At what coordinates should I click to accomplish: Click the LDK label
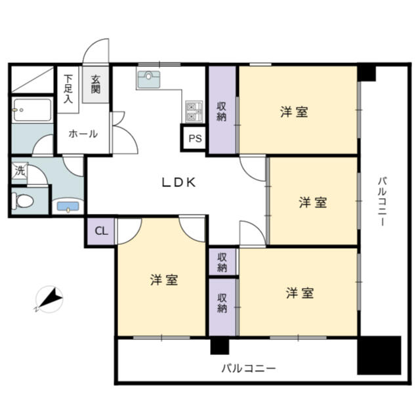[178, 182]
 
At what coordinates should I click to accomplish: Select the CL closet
[101, 231]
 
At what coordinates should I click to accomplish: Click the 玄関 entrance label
[96, 85]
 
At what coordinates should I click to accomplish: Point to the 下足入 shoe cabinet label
[68, 89]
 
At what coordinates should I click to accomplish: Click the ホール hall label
[83, 134]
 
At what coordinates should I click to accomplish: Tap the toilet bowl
[23, 201]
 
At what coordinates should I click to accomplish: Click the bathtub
[32, 110]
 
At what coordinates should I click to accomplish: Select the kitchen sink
[149, 79]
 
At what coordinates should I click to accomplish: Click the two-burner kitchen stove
[194, 112]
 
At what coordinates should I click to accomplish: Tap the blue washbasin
[68, 207]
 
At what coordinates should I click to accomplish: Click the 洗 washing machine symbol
[20, 171]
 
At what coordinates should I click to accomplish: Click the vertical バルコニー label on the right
[382, 201]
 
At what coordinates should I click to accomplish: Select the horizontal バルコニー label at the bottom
[249, 369]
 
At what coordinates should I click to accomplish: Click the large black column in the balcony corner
[379, 355]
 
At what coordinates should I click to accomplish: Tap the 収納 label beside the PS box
[222, 112]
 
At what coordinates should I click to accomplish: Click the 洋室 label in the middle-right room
[313, 202]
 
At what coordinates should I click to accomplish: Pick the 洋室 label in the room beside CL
[164, 280]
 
